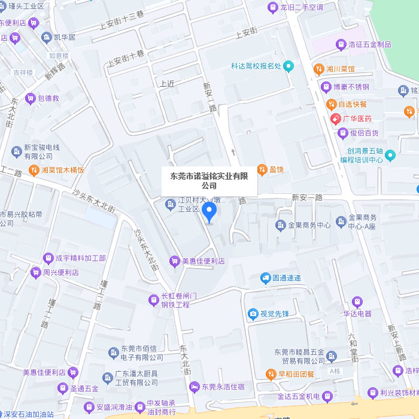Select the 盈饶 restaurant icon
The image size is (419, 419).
point(262,169)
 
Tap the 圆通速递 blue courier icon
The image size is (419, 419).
point(265,278)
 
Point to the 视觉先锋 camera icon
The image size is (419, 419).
point(253,314)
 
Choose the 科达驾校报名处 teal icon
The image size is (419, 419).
point(289,66)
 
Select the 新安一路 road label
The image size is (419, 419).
point(307,197)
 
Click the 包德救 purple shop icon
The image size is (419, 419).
point(30,98)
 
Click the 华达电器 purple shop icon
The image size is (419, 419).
point(357,302)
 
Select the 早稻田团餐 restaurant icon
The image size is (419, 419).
point(270,374)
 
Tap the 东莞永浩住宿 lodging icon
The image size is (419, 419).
point(194,387)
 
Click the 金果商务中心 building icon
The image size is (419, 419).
point(281,225)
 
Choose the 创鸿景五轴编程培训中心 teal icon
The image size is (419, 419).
point(390,156)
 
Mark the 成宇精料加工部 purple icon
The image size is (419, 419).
point(48,258)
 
